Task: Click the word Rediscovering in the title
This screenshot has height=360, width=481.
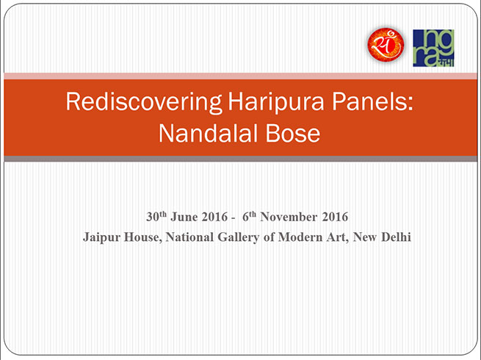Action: pyautogui.click(x=143, y=103)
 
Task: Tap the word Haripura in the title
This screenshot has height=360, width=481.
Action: pyautogui.click(x=275, y=101)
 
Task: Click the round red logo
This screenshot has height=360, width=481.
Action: pyautogui.click(x=386, y=45)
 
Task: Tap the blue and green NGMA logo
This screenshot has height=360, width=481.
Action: pyautogui.click(x=433, y=48)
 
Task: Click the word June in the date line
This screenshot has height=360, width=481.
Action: pyautogui.click(x=184, y=217)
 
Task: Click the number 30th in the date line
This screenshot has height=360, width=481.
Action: pyautogui.click(x=156, y=217)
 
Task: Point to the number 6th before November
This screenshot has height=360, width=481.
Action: pyautogui.click(x=249, y=217)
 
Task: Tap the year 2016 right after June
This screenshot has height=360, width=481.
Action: pyautogui.click(x=214, y=217)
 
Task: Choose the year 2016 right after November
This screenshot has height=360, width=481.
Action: pyautogui.click(x=335, y=217)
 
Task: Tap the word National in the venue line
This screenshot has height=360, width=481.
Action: pyautogui.click(x=189, y=237)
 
